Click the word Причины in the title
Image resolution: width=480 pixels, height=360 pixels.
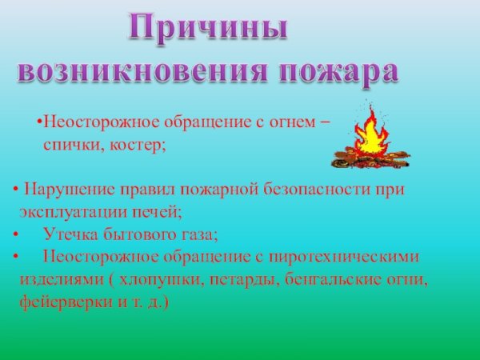point(209,30)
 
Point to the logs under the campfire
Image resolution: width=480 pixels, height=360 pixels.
point(367,160)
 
